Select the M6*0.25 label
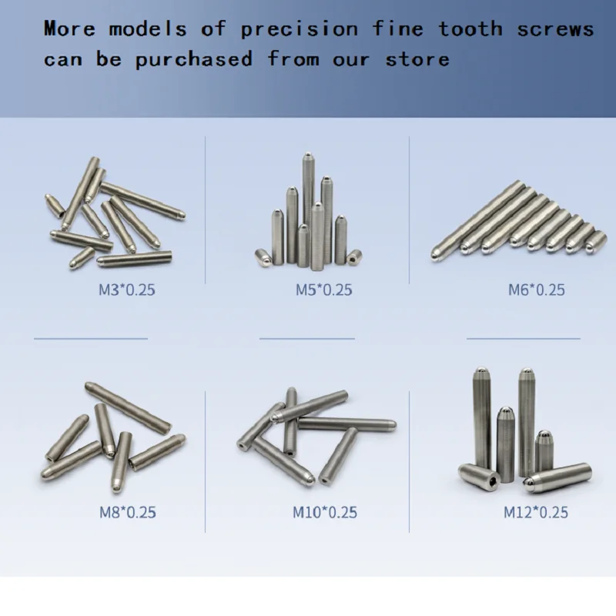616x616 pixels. point(536,290)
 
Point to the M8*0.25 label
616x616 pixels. point(127,512)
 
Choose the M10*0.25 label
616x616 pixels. point(325,512)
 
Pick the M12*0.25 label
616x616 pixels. point(536,512)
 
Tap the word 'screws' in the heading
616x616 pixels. point(555,30)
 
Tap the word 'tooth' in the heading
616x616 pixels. point(470,30)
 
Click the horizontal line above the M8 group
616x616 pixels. point(90,338)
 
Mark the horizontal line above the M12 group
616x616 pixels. point(524,338)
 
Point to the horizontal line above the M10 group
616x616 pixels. point(307,338)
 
